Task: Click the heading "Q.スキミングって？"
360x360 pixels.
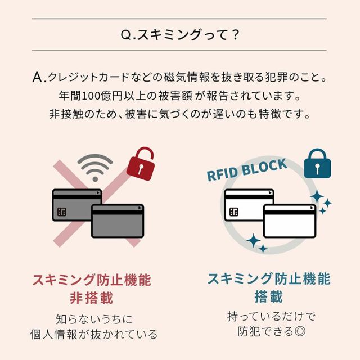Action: pos(180,35)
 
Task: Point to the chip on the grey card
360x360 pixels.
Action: pos(62,213)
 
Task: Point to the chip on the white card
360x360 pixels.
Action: pos(233,213)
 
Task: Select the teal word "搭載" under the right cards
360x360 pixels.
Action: pos(269,296)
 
